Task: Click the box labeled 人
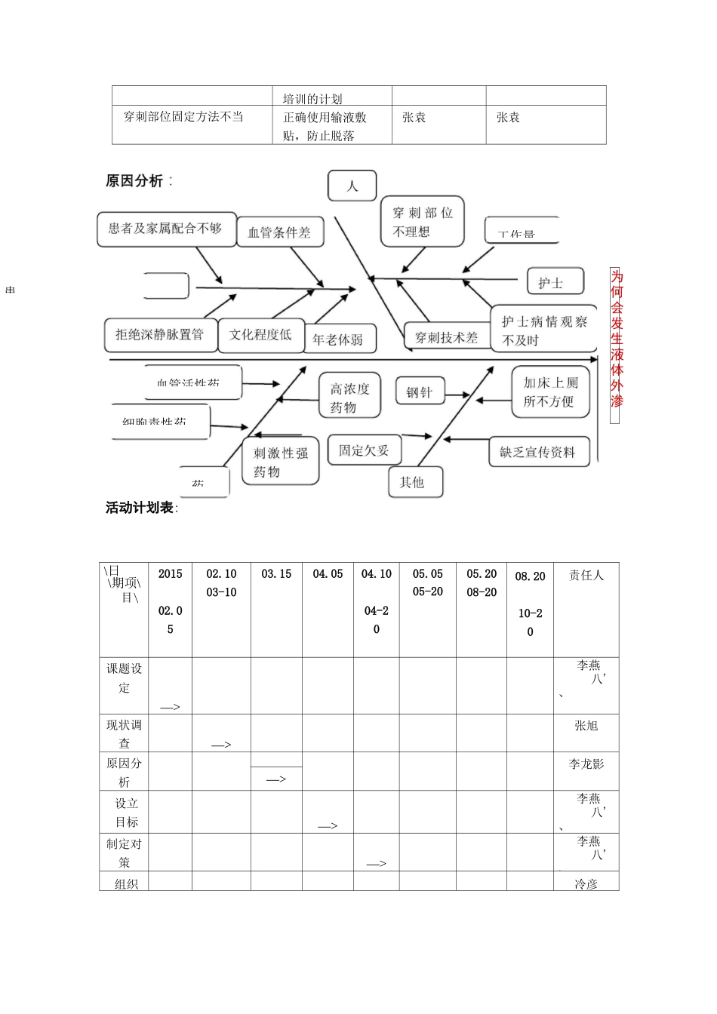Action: pos(352,186)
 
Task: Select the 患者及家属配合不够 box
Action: pos(165,229)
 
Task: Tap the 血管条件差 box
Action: pos(279,232)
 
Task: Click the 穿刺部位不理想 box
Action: pos(422,222)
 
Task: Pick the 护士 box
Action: pos(555,282)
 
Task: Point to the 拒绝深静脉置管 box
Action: pos(160,334)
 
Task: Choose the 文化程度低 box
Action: pos(260,334)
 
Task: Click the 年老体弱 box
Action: pos(338,340)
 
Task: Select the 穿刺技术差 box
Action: pos(446,337)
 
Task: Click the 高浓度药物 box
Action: pos(349,398)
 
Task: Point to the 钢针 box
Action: pos(420,392)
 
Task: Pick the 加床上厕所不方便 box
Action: pos(550,392)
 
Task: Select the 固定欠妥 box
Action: pos(364,450)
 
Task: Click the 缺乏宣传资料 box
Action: pos(537,452)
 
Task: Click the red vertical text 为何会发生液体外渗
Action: pos(616,339)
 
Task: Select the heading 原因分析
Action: pos(135,181)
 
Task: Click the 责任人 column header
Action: pos(586,576)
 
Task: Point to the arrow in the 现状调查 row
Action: pos(221,745)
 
